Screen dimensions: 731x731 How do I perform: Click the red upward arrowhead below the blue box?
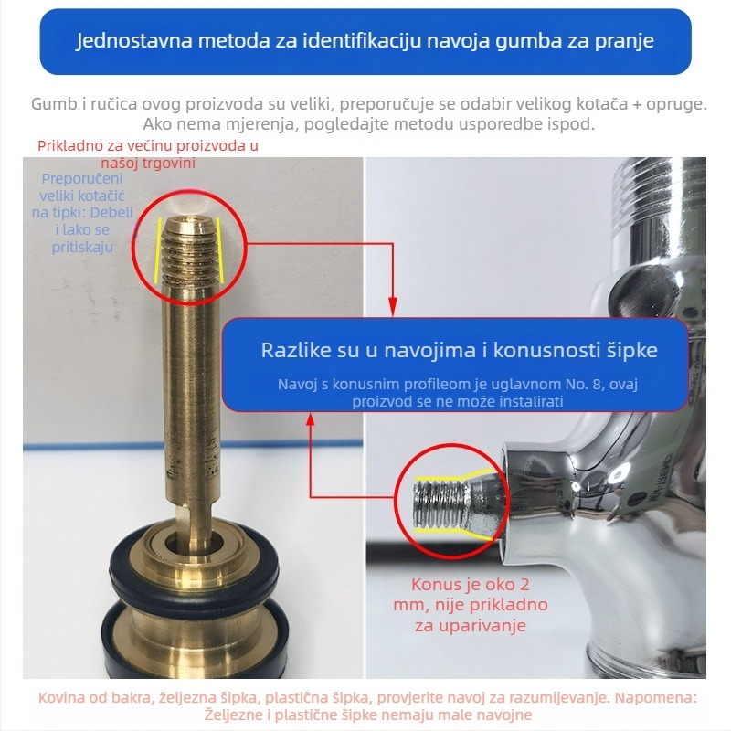(311, 419)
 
